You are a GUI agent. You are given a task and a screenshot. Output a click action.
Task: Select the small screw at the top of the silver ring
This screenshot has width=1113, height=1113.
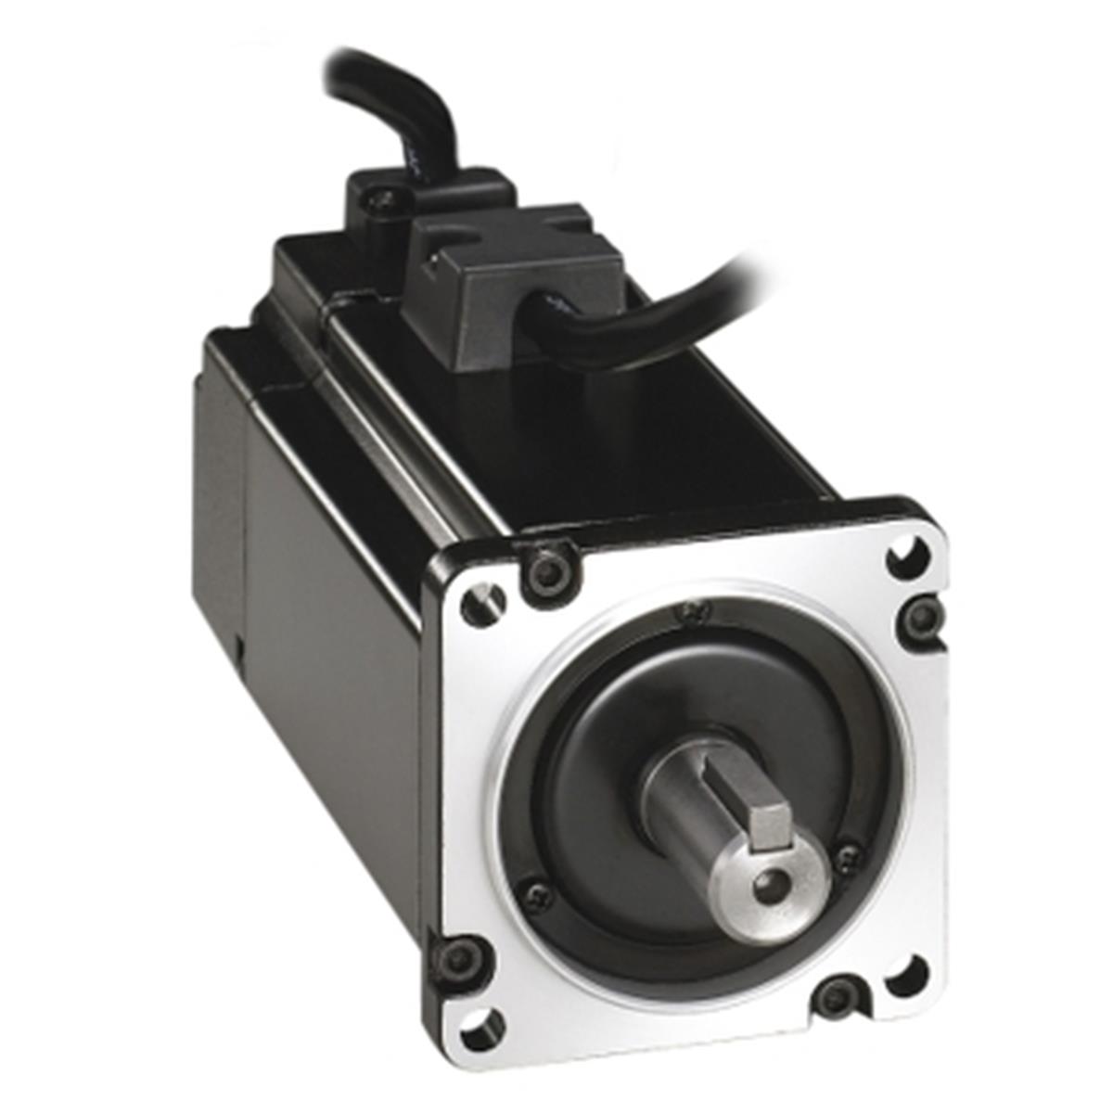tap(690, 610)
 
